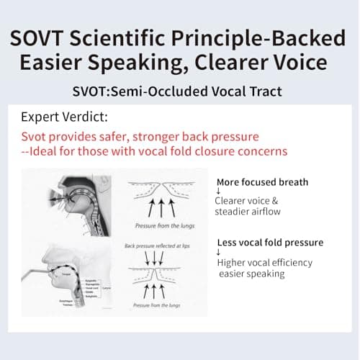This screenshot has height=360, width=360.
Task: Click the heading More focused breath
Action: click(262, 182)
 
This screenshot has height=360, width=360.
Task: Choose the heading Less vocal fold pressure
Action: click(270, 243)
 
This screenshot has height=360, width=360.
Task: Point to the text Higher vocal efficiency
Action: click(265, 263)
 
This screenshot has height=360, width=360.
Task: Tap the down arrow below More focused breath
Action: click(218, 192)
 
